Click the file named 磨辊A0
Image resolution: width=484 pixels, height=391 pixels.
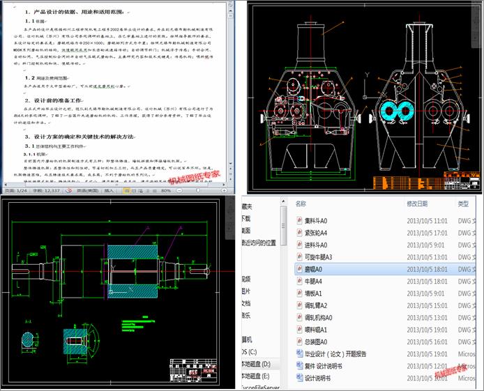[x=310, y=268]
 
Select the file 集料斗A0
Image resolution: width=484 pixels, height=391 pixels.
[x=312, y=220]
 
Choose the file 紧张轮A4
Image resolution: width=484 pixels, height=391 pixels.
[x=312, y=231]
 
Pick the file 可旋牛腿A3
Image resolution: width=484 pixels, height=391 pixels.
[x=317, y=256]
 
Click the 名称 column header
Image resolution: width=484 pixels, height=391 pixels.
[x=301, y=204]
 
